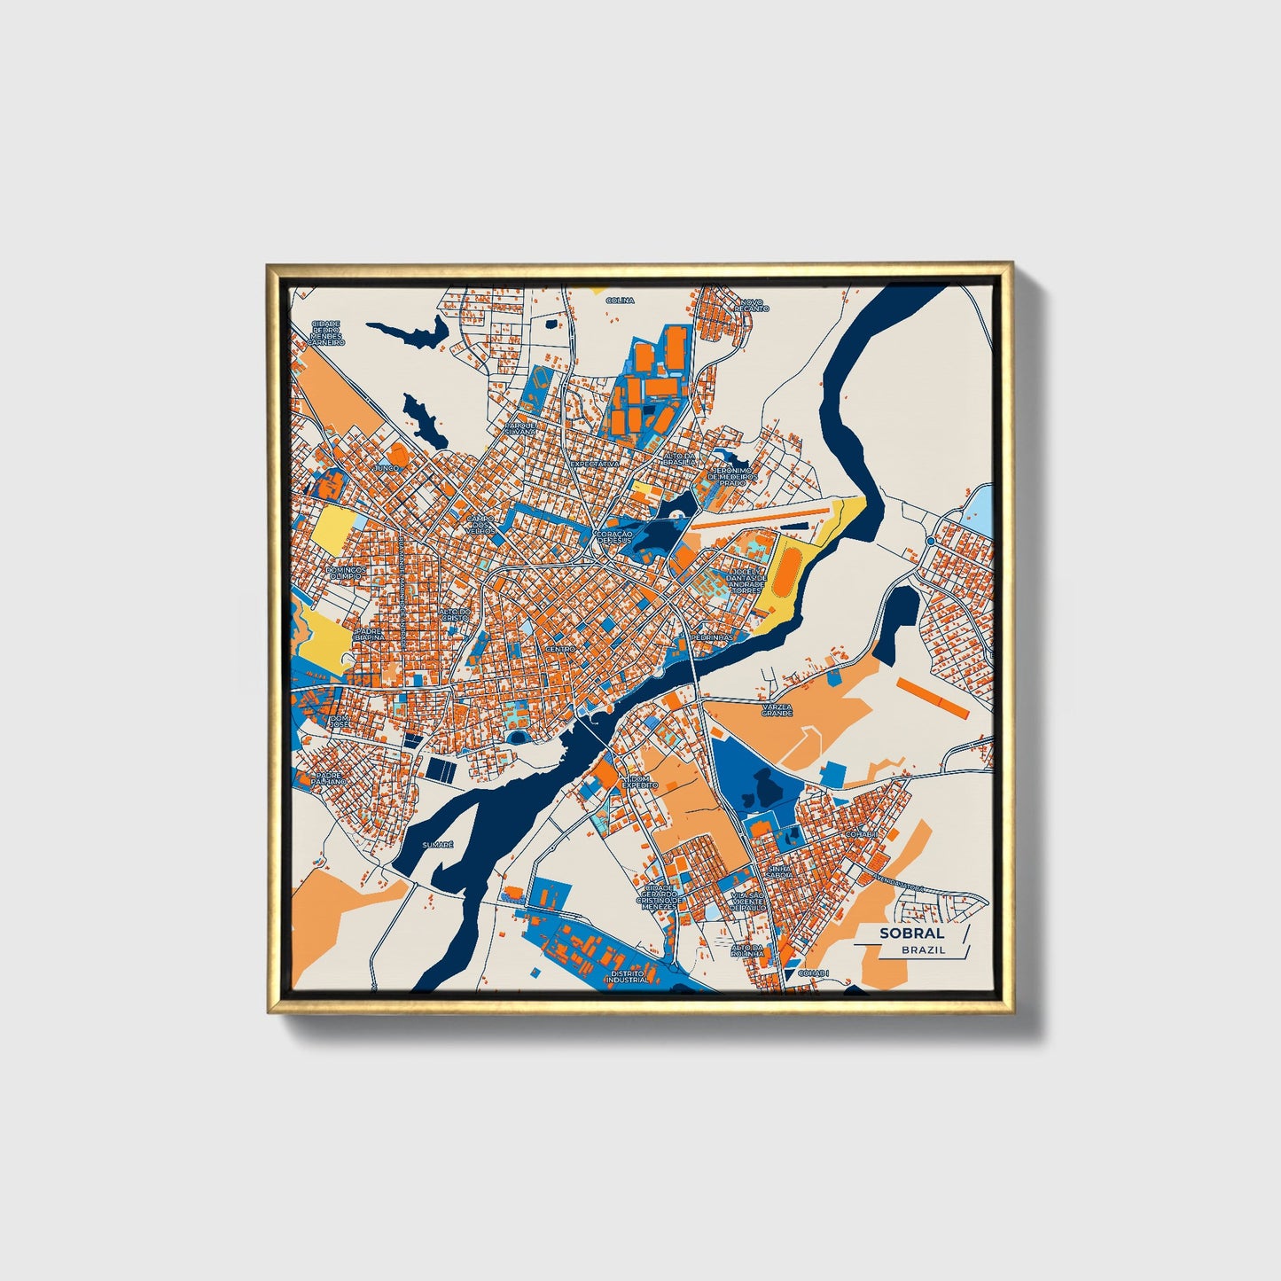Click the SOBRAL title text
[911, 933]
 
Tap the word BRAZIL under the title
[923, 949]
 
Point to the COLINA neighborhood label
[620, 301]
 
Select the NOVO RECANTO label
[752, 305]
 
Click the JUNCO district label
[387, 466]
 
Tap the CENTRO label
[560, 649]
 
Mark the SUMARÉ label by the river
[438, 845]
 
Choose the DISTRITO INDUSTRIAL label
[629, 977]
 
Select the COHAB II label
[862, 834]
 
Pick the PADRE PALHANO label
[327, 777]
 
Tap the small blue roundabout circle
[932, 540]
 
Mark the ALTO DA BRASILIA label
[681, 459]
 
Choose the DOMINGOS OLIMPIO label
[344, 573]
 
